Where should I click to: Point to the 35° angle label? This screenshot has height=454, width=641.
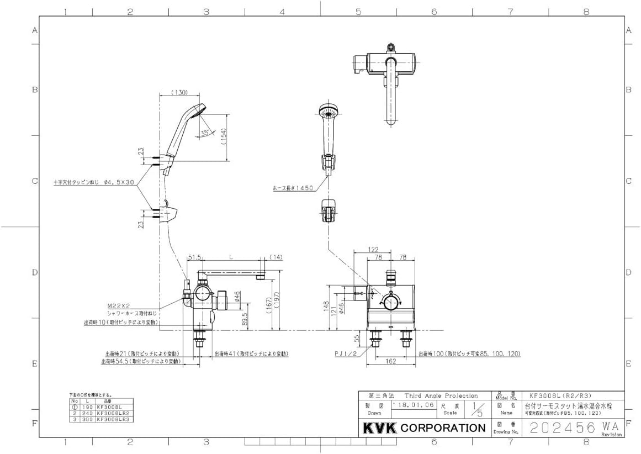click(205, 133)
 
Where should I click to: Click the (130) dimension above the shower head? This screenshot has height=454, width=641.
click(180, 92)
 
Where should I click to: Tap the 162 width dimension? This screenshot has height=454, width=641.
click(391, 362)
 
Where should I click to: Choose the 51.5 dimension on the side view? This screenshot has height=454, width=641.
click(194, 257)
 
